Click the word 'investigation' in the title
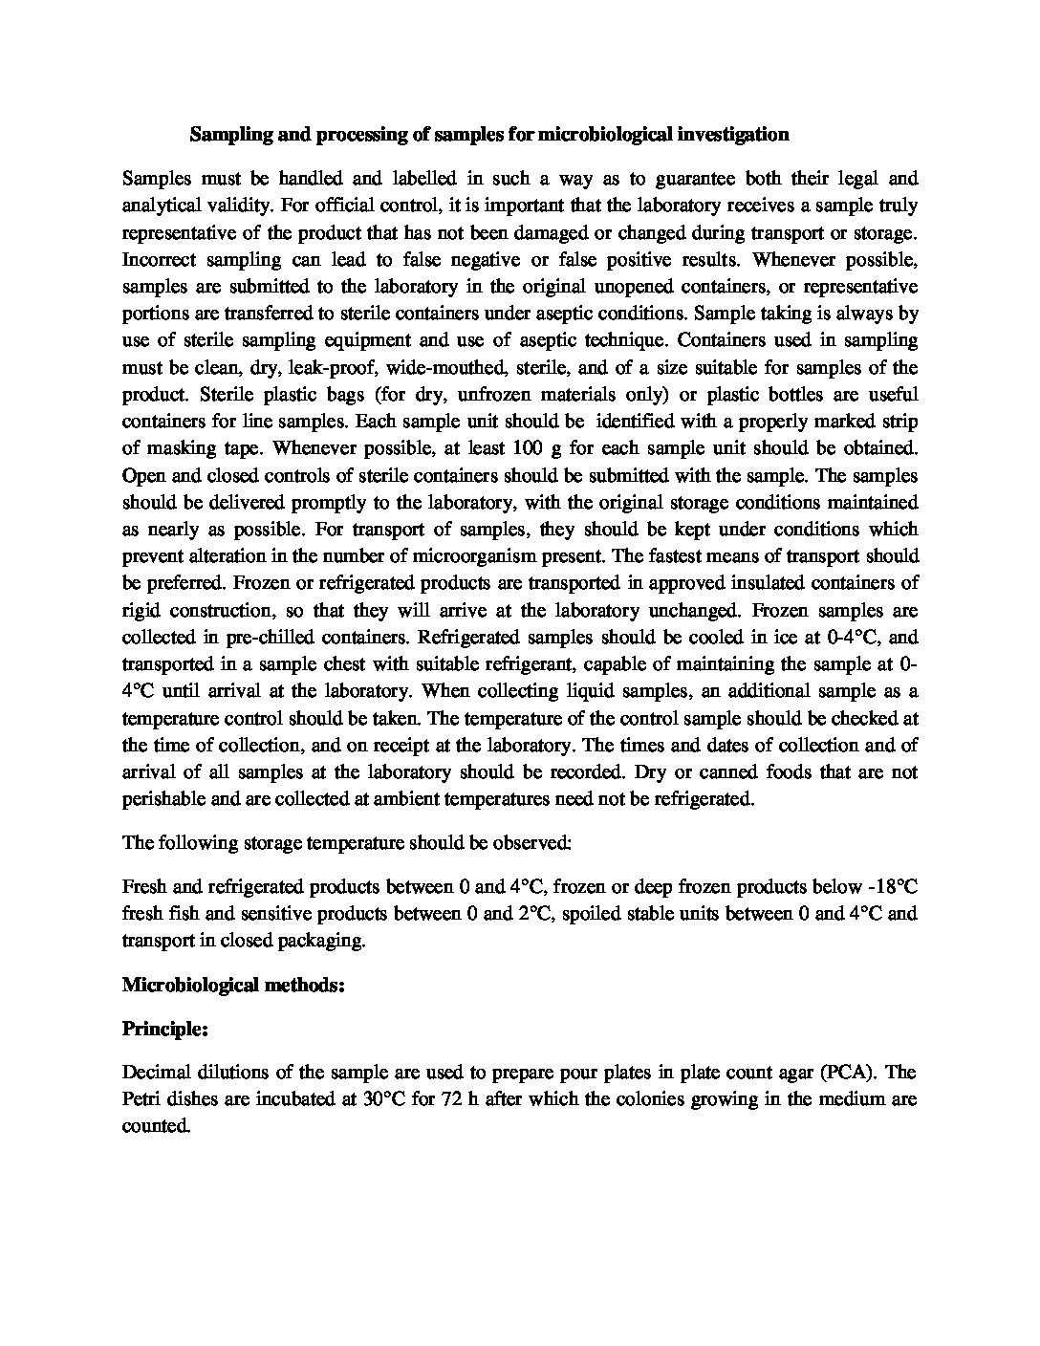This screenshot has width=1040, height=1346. click(x=733, y=135)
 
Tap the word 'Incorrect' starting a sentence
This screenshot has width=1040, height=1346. click(x=160, y=259)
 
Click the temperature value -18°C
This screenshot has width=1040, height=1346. click(x=887, y=886)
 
